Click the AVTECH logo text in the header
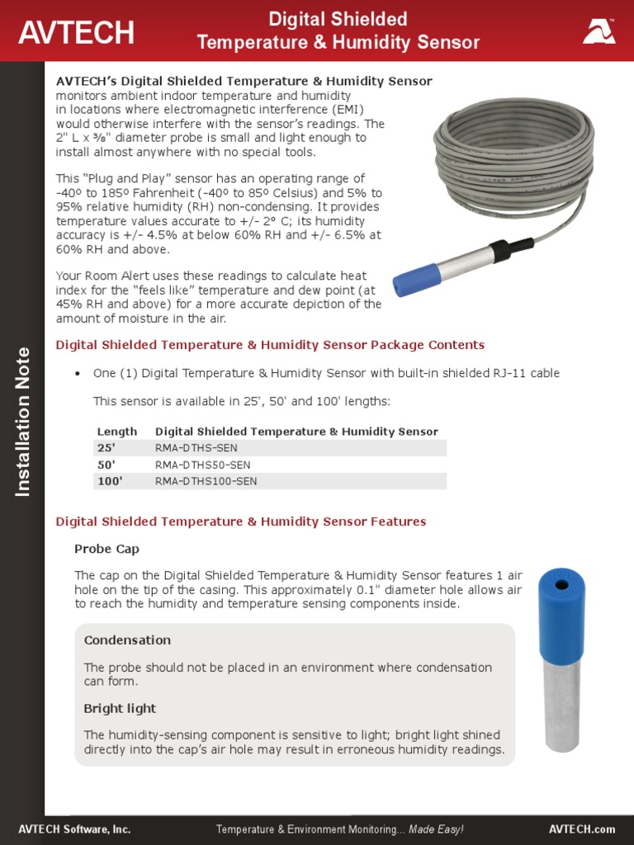click(x=76, y=32)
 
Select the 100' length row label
click(x=110, y=481)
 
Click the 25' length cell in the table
click(x=106, y=448)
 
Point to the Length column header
click(x=117, y=432)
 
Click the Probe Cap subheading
click(x=106, y=549)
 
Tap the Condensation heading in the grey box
click(x=127, y=640)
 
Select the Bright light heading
click(x=120, y=709)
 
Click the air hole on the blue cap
click(x=562, y=584)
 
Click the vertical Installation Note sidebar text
click(x=22, y=421)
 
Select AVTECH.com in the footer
click(x=582, y=828)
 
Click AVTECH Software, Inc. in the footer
click(x=74, y=828)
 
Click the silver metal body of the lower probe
click(x=561, y=701)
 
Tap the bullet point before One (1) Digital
click(x=78, y=374)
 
